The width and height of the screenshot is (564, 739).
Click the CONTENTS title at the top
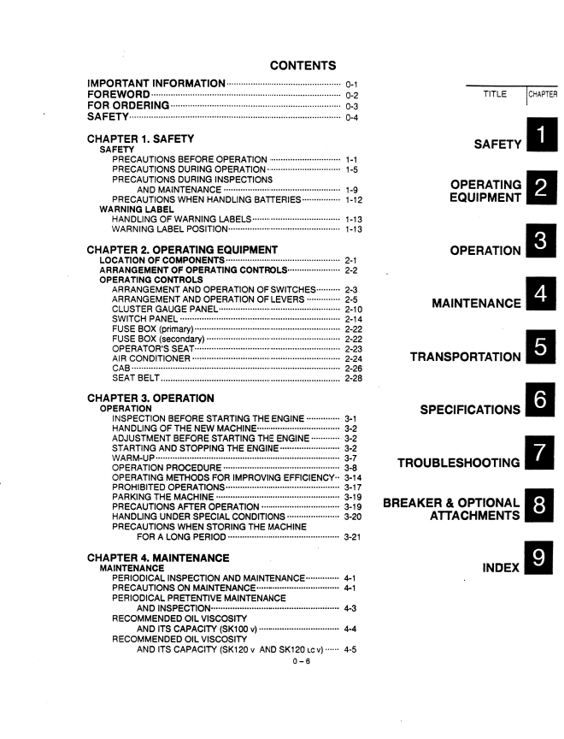tap(302, 65)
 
